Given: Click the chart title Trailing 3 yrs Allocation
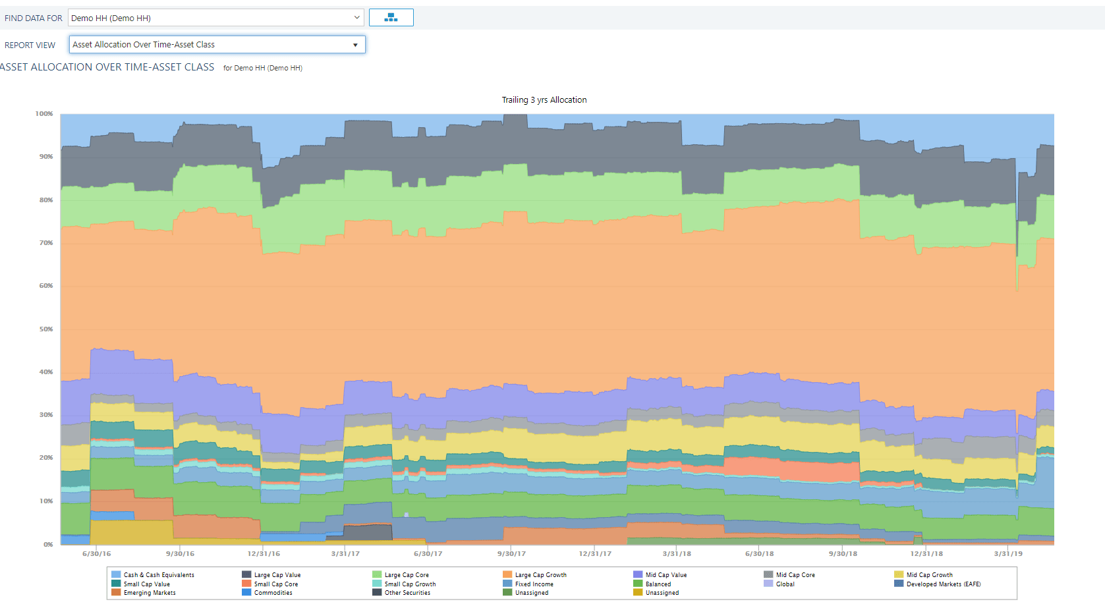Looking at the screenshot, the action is point(544,100).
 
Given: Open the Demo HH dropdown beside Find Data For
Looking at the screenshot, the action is point(215,18).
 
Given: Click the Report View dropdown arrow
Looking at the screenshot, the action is point(355,45).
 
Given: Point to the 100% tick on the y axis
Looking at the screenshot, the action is point(44,113).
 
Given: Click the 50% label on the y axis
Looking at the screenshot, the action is point(46,329).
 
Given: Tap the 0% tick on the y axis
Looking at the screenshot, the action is point(48,544).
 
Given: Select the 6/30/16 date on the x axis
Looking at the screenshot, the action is point(97,554).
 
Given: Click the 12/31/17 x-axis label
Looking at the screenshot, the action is point(595,554).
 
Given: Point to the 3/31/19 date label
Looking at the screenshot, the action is point(1008,554).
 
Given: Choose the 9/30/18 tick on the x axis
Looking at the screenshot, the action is point(843,554).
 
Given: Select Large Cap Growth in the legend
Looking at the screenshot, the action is point(535,575).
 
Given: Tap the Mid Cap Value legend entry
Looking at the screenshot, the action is point(660,575).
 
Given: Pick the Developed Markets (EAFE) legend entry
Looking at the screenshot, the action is point(937,584).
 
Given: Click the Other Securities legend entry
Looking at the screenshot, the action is point(401,593).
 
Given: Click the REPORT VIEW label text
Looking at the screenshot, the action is point(30,45).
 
